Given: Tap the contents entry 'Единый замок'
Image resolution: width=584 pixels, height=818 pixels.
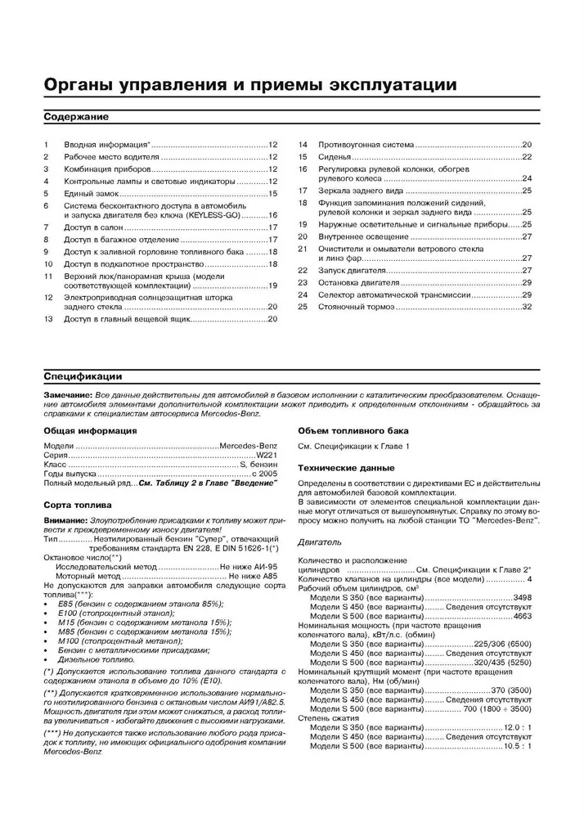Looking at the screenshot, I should [95, 193].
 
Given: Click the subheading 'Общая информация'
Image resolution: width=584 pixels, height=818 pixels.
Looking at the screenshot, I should [90, 430].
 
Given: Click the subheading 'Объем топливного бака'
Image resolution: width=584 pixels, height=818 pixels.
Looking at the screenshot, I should [353, 430].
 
